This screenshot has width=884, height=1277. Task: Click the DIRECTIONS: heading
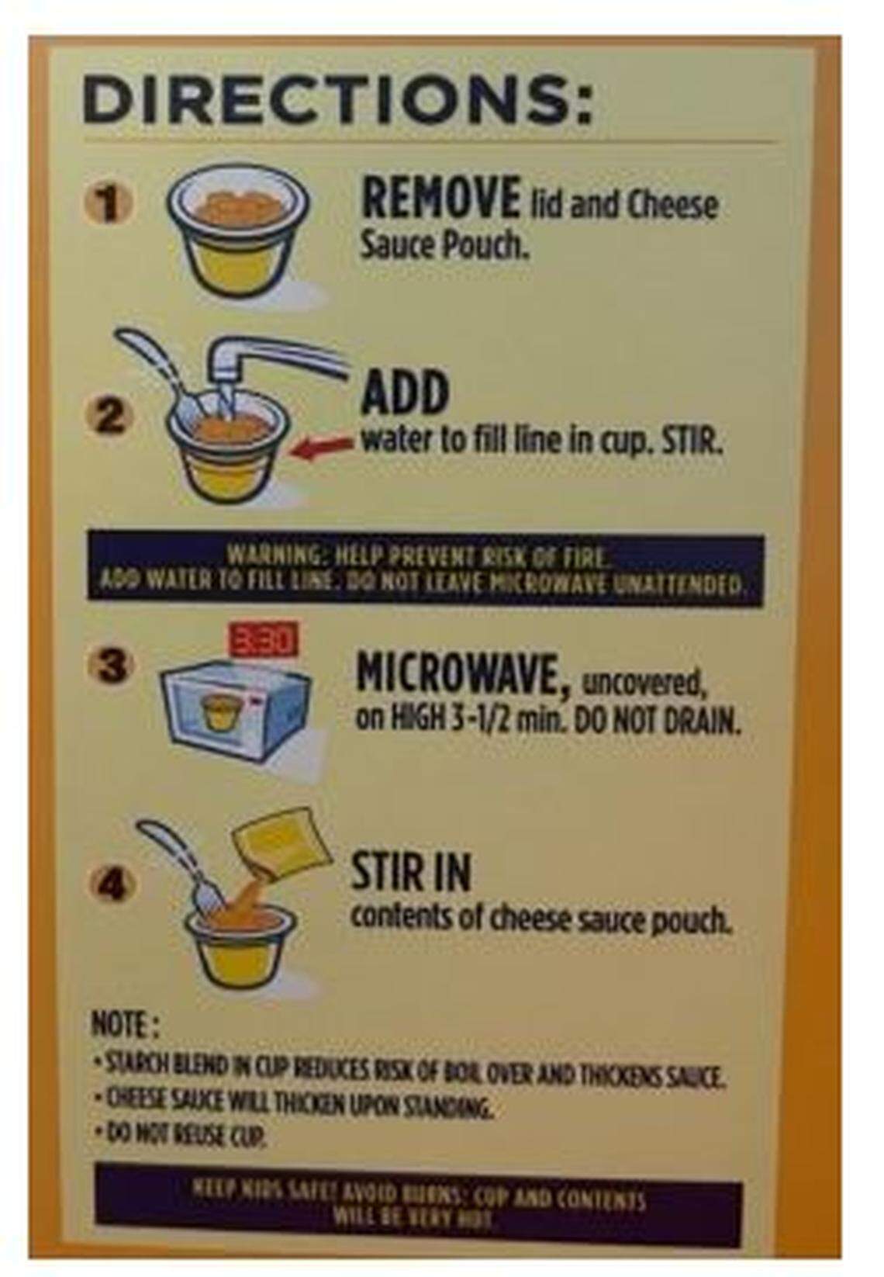337,100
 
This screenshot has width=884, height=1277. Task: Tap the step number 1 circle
111,205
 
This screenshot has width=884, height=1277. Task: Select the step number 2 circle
111,418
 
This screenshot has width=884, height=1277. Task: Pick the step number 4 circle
113,884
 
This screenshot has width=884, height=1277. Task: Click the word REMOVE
440,199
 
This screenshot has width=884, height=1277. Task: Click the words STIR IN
411,872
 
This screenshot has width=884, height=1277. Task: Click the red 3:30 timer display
264,641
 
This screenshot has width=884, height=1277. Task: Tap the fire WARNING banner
425,569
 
